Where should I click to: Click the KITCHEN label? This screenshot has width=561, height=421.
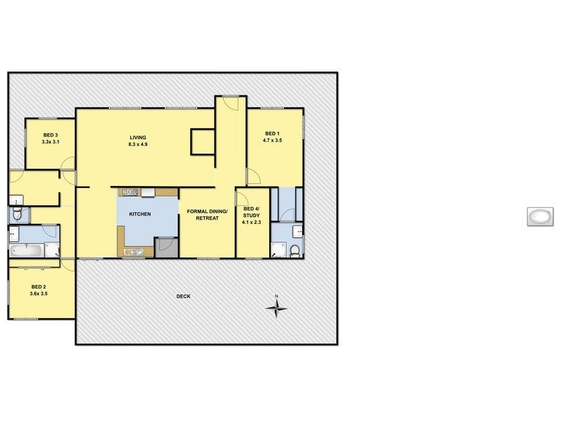tap(140, 214)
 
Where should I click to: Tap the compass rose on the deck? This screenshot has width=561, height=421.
tap(276, 307)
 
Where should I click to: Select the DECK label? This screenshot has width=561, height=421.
tap(183, 297)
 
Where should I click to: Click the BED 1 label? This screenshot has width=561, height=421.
tap(272, 133)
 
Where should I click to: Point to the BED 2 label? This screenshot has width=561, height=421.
tap(39, 286)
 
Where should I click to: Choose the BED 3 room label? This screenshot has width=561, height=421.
tap(50, 135)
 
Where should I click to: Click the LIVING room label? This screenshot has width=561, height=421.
tap(137, 137)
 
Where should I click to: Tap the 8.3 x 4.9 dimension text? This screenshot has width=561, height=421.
tap(137, 145)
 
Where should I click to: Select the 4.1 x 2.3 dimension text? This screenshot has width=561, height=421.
tap(251, 222)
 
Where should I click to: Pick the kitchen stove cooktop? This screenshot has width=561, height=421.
tap(130, 192)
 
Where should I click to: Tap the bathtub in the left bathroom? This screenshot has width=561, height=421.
tap(27, 250)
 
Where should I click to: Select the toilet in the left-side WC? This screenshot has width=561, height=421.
tap(17, 214)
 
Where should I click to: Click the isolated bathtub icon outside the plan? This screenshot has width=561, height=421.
tap(539, 217)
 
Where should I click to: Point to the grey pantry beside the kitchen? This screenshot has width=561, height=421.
tap(166, 247)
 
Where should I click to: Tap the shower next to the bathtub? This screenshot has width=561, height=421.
tap(52, 250)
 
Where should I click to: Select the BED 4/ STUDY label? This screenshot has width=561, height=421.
tap(251, 212)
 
